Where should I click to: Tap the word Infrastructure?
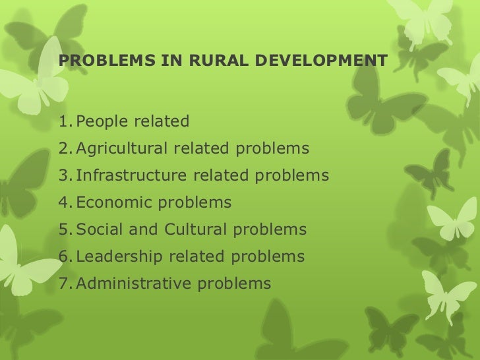pos(133,176)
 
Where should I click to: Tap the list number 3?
pos(63,176)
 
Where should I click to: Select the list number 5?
pos(63,230)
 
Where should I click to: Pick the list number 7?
pos(63,284)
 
